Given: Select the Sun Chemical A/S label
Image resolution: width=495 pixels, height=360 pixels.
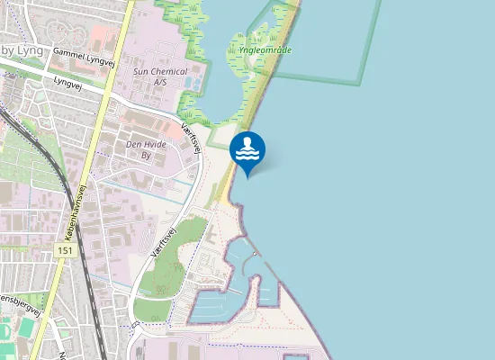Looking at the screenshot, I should tap(159, 76).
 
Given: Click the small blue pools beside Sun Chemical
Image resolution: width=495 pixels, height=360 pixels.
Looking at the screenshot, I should tap(192, 81).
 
